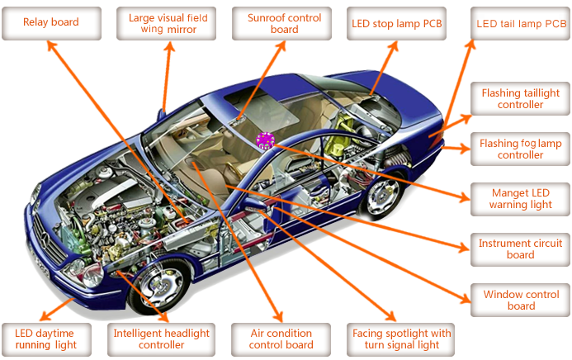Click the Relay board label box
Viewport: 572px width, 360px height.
tap(51, 23)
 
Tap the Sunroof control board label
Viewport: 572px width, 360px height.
tap(284, 23)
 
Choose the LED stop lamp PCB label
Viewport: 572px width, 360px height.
tap(397, 23)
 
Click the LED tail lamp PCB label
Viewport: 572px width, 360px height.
tap(520, 23)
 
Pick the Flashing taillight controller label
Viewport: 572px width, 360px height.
tap(520, 99)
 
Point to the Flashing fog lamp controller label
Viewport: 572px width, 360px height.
tap(520, 149)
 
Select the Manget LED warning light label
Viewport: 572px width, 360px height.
tap(520, 199)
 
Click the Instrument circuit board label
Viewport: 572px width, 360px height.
tap(520, 249)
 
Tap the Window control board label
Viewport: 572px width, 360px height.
tap(520, 300)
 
